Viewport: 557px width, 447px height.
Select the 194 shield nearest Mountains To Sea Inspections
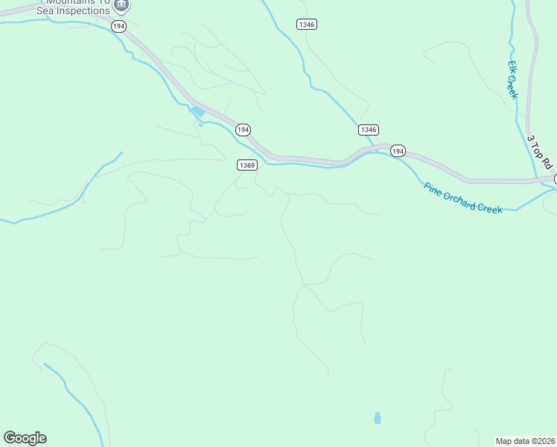pos(118,26)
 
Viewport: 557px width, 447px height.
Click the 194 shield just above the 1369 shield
pos(243,130)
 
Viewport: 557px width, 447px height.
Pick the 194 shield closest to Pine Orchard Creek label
pos(398,151)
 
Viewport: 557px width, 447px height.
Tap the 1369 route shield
pos(248,165)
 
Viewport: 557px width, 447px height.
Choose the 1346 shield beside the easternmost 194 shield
pos(368,130)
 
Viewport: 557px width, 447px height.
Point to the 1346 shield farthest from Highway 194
pos(306,25)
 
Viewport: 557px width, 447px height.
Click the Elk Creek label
pos(512,79)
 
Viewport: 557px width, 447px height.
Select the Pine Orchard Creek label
pos(463,197)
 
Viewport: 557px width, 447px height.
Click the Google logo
pos(25,438)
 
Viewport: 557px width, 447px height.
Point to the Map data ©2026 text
pos(526,441)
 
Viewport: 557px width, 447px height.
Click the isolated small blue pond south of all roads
pos(378,418)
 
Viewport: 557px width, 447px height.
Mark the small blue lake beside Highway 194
pos(197,112)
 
